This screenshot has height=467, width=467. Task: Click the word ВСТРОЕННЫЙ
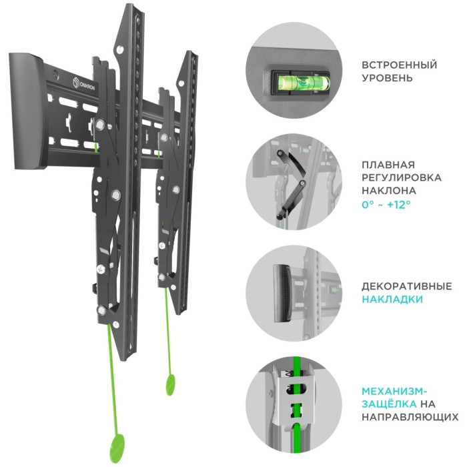pos(400,65)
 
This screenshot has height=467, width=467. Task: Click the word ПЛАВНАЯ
pos(388,165)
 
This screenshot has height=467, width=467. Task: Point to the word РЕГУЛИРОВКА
pos(402,177)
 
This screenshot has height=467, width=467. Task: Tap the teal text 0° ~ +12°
pos(386,205)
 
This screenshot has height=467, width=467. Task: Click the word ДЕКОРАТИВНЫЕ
pos(407,286)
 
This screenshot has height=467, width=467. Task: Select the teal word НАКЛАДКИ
pos(392,299)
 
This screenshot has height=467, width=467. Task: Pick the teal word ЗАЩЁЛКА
pos(389,404)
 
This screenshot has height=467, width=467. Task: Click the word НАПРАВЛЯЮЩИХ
pos(410,417)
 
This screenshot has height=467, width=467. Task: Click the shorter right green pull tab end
pos(170,385)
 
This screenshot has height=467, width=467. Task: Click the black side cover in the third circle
pos(282,293)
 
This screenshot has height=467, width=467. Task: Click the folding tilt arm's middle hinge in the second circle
pos(302,182)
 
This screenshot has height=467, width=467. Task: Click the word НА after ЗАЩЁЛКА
pos(428,404)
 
